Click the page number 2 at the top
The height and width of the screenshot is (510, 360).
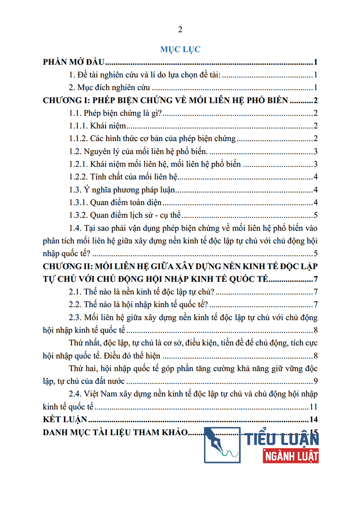180,30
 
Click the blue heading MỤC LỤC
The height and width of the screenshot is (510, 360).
180,49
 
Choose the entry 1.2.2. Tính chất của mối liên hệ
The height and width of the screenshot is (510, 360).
124,177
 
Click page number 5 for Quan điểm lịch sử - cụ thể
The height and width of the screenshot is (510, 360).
315,215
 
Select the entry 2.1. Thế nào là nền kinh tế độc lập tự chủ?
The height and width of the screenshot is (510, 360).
142,291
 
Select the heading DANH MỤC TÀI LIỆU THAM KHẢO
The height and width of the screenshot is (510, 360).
114,432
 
